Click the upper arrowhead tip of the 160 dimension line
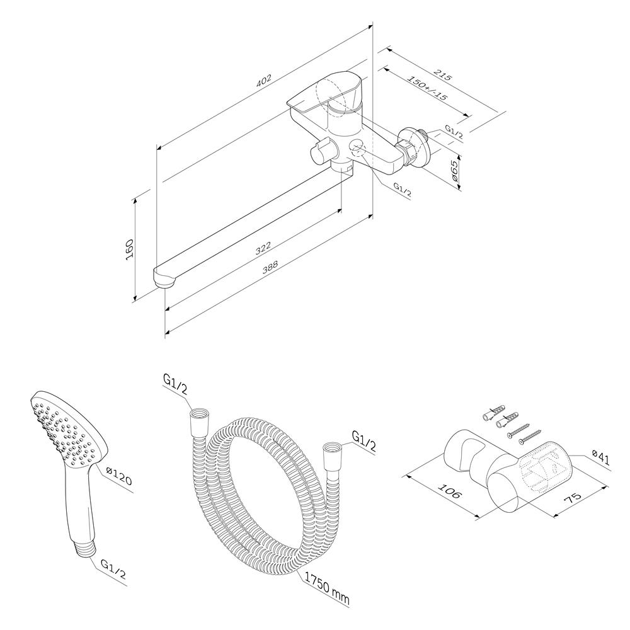tap(135, 197)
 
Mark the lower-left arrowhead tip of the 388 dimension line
tap(166, 333)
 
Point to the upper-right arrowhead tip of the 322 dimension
tap(342, 209)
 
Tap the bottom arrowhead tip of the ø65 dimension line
tap(460, 190)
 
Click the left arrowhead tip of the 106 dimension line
tap(407, 476)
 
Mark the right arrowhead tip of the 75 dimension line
tap(607, 486)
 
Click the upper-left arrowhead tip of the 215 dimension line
tap(387, 49)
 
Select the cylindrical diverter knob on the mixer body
tap(323, 152)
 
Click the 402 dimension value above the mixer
tap(264, 81)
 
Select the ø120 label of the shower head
tap(118, 475)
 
